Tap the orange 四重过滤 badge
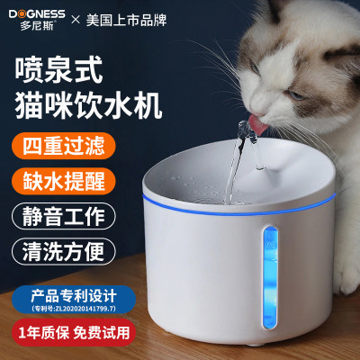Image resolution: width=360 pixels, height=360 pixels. point(64,147)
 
